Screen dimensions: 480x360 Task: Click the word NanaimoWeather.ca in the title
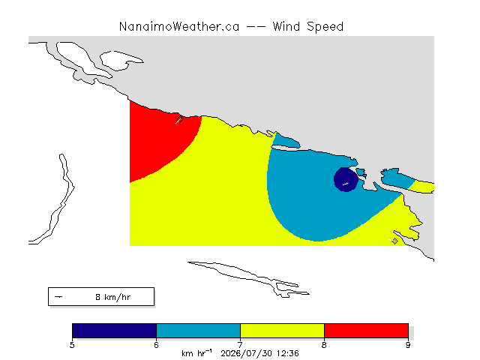pos(179,27)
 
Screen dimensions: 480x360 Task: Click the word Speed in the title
pos(325,27)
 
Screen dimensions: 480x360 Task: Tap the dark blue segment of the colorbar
pos(115,331)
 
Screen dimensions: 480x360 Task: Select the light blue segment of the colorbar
pos(198,331)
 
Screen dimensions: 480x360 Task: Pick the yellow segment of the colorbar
pos(282,331)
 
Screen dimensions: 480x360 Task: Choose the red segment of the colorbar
pos(366,331)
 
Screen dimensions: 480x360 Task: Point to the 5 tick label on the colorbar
pos(72,345)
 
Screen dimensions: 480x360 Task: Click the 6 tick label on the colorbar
pos(157,345)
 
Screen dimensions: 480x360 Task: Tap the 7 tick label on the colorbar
pos(240,345)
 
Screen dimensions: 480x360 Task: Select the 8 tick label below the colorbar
pos(324,345)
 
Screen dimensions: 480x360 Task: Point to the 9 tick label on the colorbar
pos(408,345)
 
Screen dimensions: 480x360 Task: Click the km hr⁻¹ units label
pos(196,353)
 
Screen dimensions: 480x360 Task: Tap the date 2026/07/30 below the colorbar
pos(247,353)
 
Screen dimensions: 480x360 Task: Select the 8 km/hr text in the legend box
pos(113,297)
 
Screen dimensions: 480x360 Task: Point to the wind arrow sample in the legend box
pos(58,297)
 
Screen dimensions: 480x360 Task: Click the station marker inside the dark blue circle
pos(347,183)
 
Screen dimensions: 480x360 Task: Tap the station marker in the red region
pos(180,119)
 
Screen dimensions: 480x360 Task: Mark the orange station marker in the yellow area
pos(395,241)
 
